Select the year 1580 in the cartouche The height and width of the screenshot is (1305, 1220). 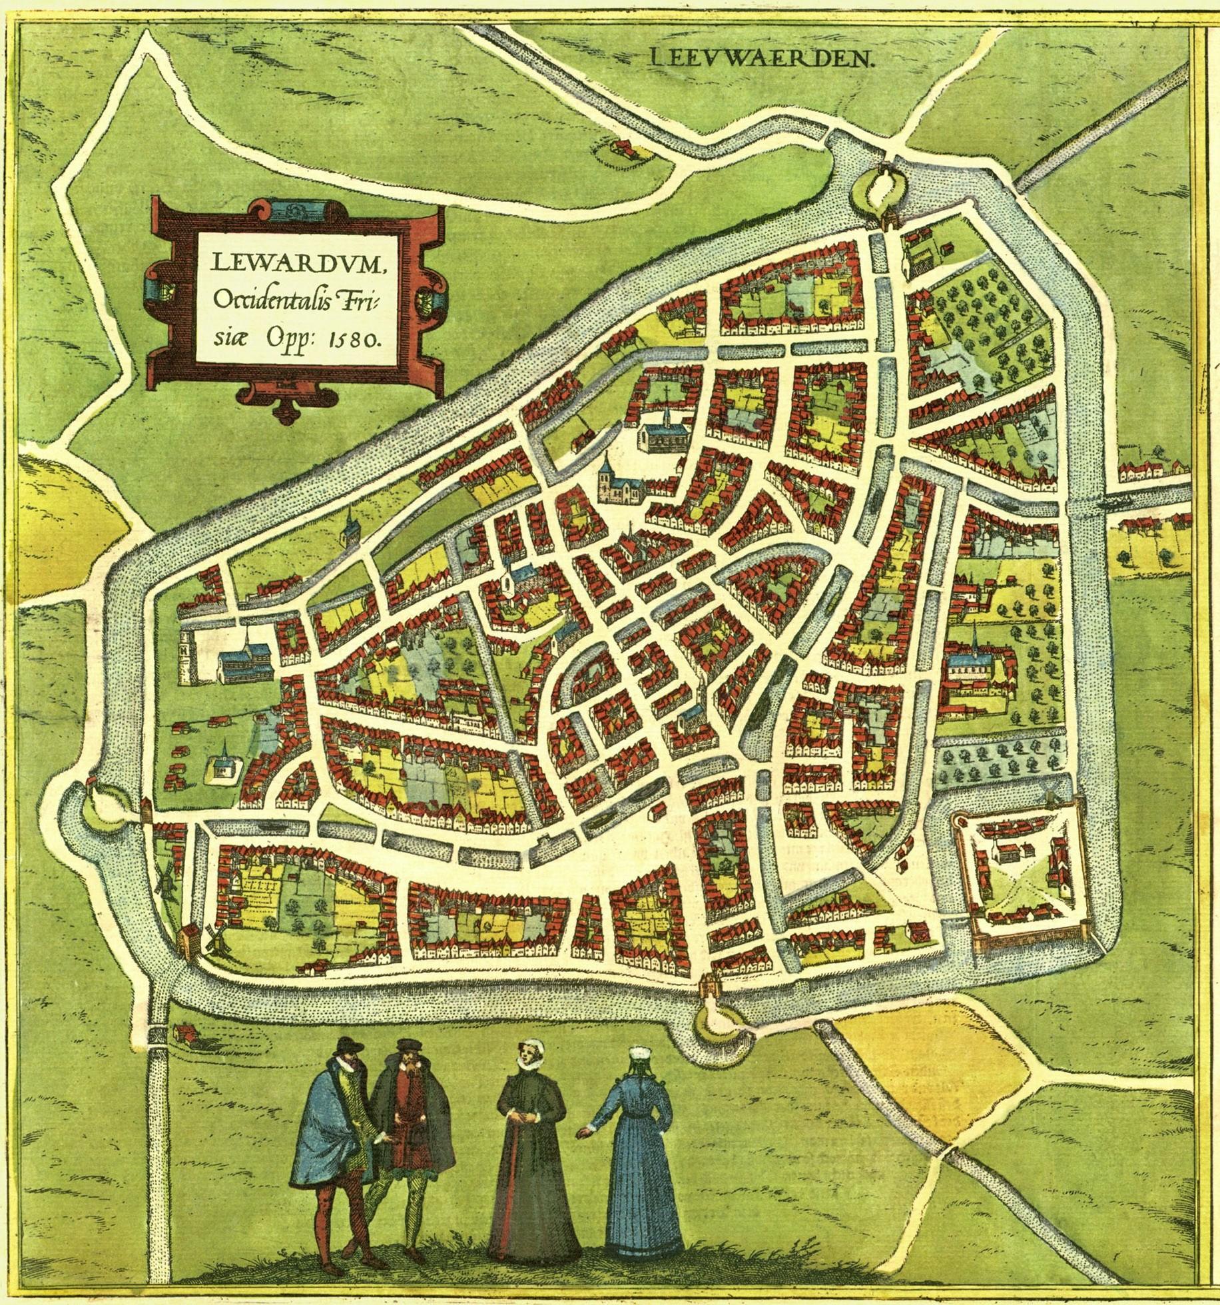(x=356, y=338)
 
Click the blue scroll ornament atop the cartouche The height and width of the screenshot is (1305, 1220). (x=293, y=211)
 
